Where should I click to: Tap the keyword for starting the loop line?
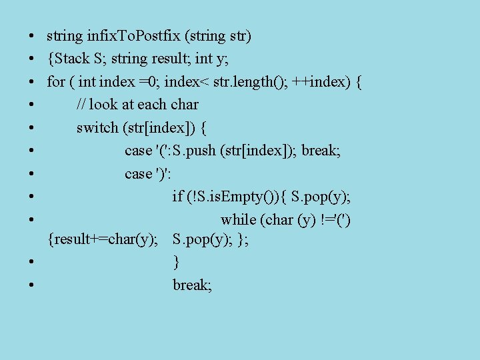(x=55, y=82)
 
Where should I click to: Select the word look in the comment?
(x=102, y=105)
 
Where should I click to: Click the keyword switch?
(x=97, y=127)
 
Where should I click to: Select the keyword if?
(x=177, y=196)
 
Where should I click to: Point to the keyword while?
(x=238, y=219)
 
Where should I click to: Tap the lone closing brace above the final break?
(x=176, y=261)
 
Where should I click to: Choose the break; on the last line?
(x=192, y=285)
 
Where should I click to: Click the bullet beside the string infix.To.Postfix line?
(x=32, y=36)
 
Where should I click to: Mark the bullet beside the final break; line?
(x=32, y=285)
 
